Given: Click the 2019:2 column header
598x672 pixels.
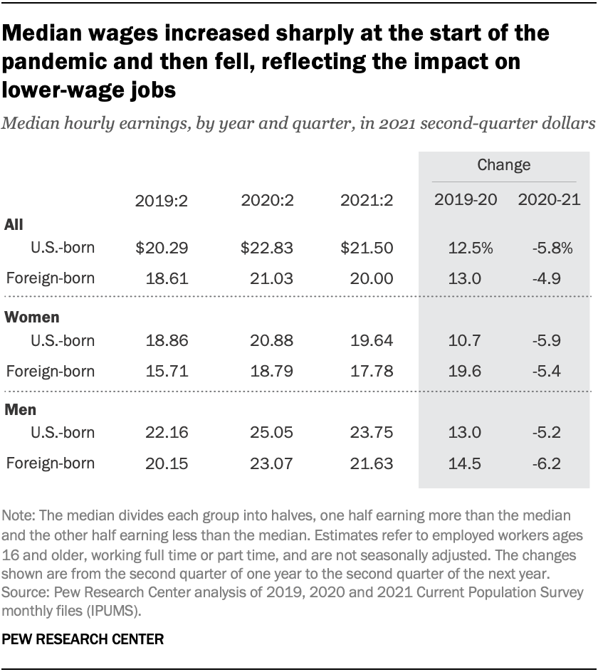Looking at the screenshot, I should [161, 201].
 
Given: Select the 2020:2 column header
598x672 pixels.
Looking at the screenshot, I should [266, 201].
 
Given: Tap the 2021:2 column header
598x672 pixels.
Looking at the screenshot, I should [367, 201].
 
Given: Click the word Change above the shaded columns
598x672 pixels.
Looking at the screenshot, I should [503, 164].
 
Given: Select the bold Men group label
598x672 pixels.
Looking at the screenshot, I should [21, 410].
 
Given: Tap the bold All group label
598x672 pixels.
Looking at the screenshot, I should [14, 224].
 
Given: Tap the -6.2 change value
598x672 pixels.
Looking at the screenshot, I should [548, 464].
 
